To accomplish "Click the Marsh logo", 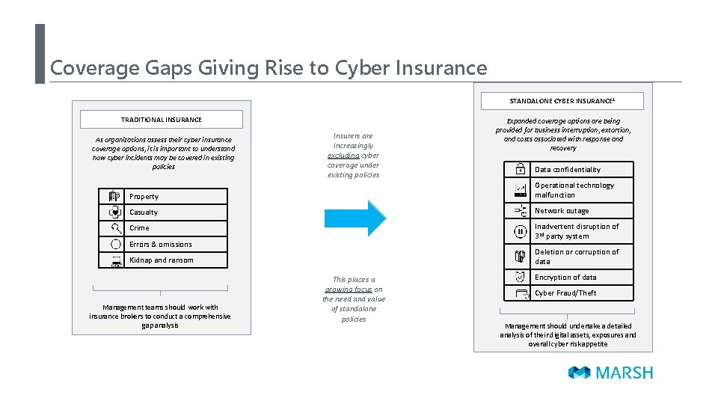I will (610, 373).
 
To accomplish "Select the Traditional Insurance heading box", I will (162, 120).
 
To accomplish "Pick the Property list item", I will (144, 197).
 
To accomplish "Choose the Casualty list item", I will (144, 212).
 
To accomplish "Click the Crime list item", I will (139, 228).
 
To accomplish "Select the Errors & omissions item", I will (160, 245).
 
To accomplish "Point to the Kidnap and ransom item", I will (161, 260).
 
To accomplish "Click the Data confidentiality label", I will (567, 170).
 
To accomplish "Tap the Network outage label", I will (562, 211).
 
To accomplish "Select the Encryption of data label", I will (565, 278).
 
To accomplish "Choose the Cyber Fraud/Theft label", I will (565, 293).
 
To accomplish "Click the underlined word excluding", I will (343, 156).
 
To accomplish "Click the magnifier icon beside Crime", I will (115, 228).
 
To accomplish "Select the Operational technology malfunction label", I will (574, 190).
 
